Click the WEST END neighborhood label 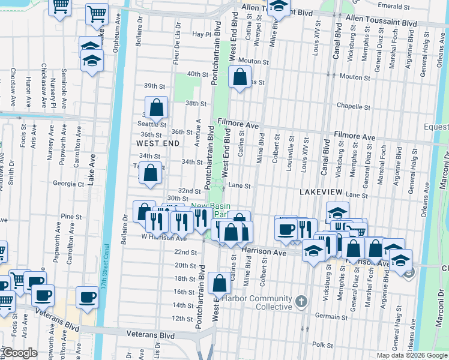pyautogui.click(x=157, y=144)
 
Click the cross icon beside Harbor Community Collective pyautogui.click(x=301, y=300)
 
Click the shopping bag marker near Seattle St pyautogui.click(x=156, y=108)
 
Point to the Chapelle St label pyautogui.click(x=353, y=107)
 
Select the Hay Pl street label pyautogui.click(x=200, y=35)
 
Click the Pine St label pyautogui.click(x=71, y=216)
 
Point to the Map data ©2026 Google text pyautogui.click(x=412, y=355)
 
